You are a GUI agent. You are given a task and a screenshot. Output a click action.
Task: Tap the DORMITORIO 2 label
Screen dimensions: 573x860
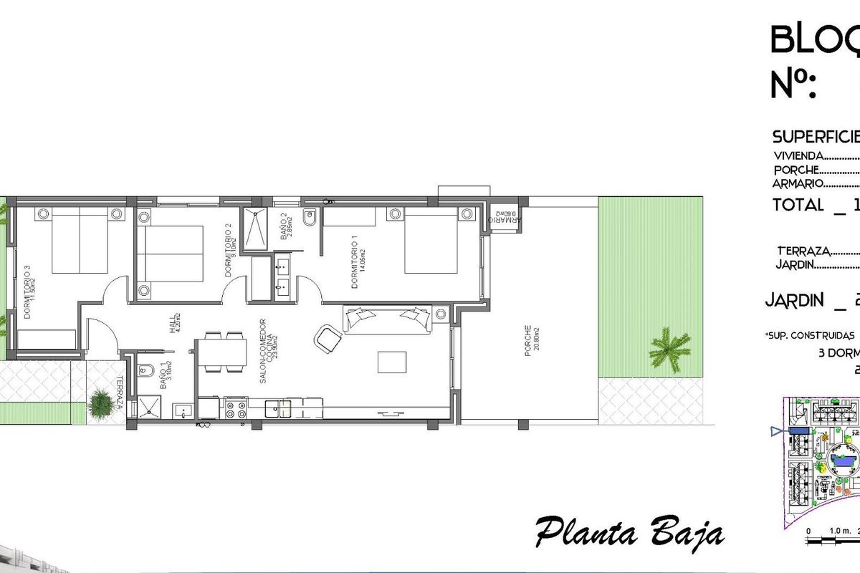coord(230,250)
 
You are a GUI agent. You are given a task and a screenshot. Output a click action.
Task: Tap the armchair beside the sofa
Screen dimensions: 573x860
coord(328,338)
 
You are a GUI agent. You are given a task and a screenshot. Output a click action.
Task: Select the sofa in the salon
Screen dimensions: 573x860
coord(387,319)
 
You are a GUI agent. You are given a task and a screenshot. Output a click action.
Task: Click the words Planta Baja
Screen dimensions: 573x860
coord(630,534)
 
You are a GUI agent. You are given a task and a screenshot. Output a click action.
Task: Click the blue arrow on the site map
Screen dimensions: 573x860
coord(775,431)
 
